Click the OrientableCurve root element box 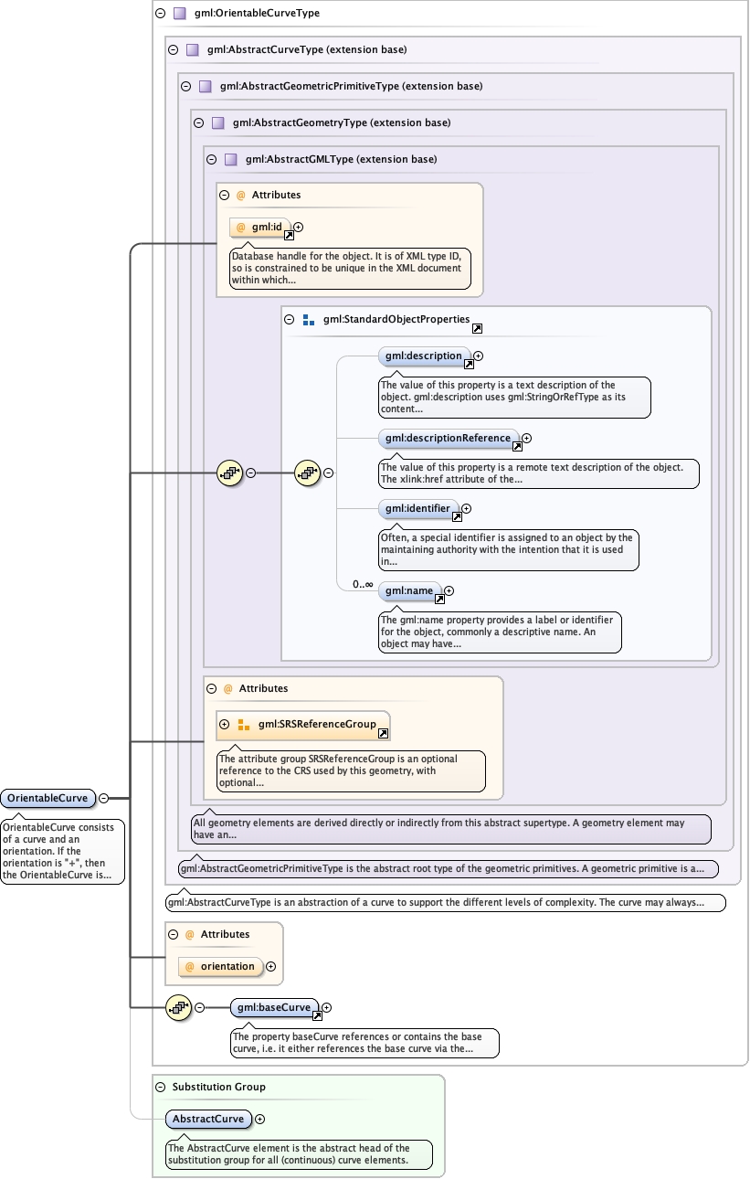click(48, 798)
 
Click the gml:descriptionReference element click(448, 438)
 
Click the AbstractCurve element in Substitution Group click(209, 1119)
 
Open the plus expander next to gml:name click(449, 590)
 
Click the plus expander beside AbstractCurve click(259, 1119)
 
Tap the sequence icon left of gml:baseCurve click(178, 1007)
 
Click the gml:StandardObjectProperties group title click(396, 319)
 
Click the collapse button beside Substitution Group click(161, 1087)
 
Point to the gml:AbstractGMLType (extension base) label click(341, 159)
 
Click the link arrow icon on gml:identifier click(457, 516)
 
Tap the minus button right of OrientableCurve click(103, 798)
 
